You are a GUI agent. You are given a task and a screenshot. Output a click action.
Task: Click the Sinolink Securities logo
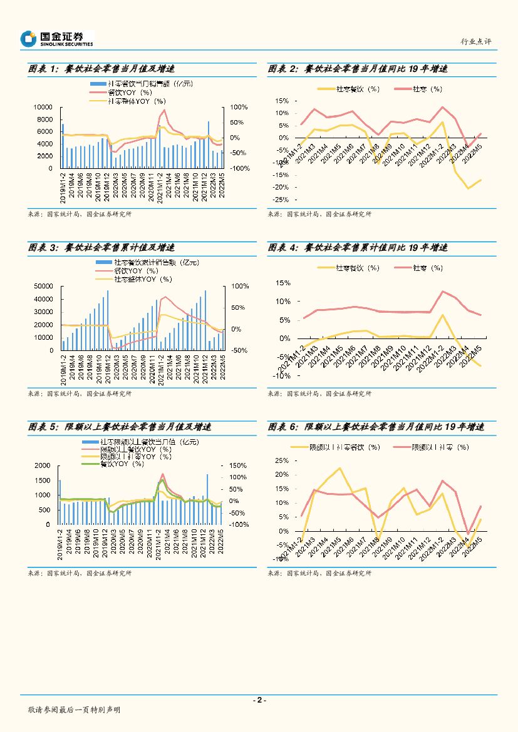pyautogui.click(x=56, y=39)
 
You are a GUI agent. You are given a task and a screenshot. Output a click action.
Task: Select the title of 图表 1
pyautogui.click(x=101, y=69)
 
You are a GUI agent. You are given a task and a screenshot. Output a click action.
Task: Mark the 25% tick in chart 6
pyautogui.click(x=281, y=460)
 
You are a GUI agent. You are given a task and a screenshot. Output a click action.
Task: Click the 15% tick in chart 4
pyautogui.click(x=283, y=283)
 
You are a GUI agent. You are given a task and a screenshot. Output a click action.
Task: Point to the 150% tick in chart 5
pyautogui.click(x=238, y=465)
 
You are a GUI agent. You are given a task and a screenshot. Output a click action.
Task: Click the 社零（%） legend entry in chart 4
pyautogui.click(x=428, y=268)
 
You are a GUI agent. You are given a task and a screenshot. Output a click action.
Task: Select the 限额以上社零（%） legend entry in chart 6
pyautogui.click(x=440, y=447)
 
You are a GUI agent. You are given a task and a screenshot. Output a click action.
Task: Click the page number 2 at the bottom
pyautogui.click(x=259, y=699)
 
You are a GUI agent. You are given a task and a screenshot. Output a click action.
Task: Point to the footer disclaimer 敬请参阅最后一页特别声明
pyautogui.click(x=74, y=709)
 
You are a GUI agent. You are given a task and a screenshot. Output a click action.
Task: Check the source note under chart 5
pyautogui.click(x=80, y=572)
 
